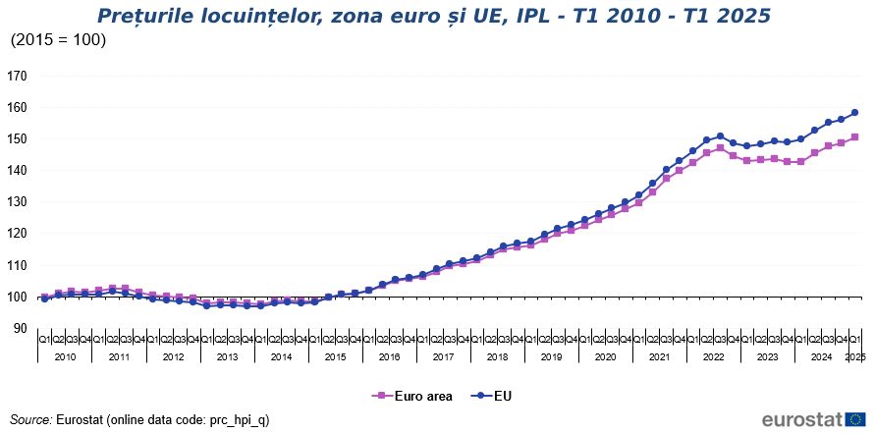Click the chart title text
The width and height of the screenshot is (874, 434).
(433, 16)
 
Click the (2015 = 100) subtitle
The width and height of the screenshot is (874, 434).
(58, 40)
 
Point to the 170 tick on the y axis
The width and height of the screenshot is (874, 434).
(17, 76)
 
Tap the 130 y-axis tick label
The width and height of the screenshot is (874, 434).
(17, 202)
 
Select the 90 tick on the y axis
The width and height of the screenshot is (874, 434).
(20, 328)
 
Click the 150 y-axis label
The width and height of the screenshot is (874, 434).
(17, 138)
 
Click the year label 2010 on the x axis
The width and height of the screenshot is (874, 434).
(65, 357)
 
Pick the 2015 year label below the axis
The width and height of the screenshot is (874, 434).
(335, 357)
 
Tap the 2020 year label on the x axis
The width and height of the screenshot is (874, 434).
(605, 357)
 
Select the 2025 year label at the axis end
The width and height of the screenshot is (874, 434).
(855, 357)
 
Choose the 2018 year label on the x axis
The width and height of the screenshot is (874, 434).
(497, 357)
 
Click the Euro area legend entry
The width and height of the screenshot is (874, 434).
(413, 397)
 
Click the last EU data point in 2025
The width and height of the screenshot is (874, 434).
(854, 112)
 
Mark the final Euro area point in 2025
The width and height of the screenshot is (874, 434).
(854, 136)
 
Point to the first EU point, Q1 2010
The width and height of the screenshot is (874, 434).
(44, 298)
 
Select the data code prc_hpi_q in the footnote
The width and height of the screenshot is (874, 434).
(240, 419)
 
